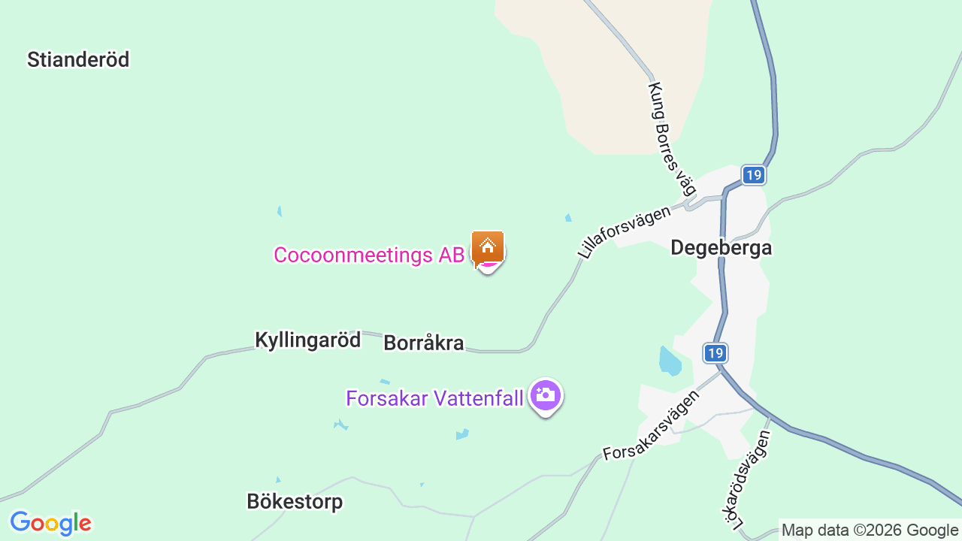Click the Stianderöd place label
[78, 59]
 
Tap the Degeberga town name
[721, 247]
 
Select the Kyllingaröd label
[307, 340]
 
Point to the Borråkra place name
[423, 343]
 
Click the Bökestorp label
[295, 501]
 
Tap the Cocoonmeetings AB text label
[369, 255]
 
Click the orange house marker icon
[487, 246]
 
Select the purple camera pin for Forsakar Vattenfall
[545, 395]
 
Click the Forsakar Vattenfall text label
[434, 398]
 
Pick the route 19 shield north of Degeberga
[753, 175]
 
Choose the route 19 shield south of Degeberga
[715, 352]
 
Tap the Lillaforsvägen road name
[624, 232]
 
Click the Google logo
[50, 523]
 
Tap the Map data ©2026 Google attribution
[870, 530]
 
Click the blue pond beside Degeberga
[669, 361]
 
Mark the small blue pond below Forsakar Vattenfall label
[461, 434]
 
